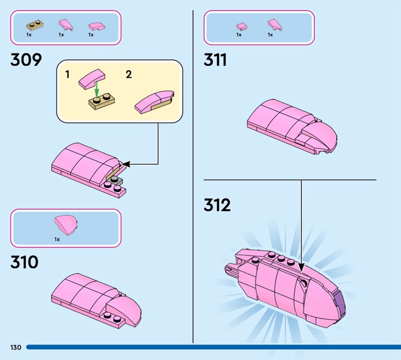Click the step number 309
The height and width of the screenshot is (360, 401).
point(26,60)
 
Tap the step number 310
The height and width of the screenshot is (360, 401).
point(25,262)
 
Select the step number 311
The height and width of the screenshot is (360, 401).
point(215,60)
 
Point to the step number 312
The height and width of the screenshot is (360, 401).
point(217,205)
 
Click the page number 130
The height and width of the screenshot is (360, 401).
point(16,347)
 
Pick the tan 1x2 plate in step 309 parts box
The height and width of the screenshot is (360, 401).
point(35,25)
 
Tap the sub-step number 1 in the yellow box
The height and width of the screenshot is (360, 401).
point(67,74)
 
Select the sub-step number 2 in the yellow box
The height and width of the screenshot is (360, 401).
point(129,74)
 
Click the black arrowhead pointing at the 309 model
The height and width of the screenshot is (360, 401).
point(127,164)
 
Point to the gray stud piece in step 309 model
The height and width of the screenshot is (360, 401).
point(116,181)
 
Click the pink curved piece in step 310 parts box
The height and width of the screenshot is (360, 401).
point(66,225)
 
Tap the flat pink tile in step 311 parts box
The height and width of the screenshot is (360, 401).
point(242,26)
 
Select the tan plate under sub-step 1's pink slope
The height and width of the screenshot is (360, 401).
point(102,101)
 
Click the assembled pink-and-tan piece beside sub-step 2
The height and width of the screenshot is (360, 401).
point(155,102)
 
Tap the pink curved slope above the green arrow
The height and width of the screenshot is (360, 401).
point(92,79)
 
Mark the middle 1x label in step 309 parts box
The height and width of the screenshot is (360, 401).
point(61,35)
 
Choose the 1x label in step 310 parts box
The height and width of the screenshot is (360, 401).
point(57,239)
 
